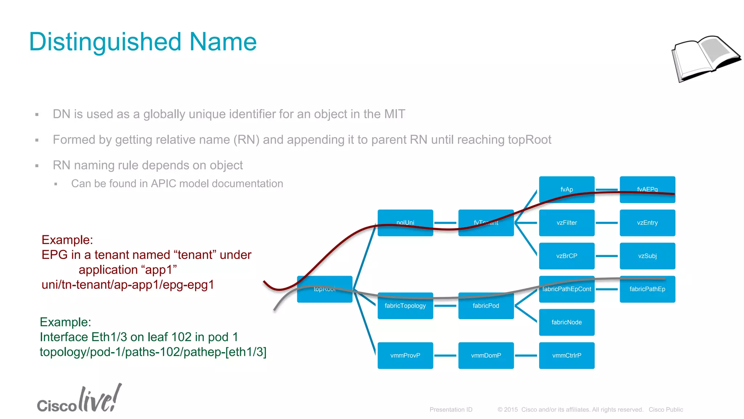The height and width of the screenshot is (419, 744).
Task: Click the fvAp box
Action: [x=566, y=189]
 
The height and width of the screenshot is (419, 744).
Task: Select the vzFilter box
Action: [x=566, y=223]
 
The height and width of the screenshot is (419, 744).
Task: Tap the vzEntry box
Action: [x=647, y=223]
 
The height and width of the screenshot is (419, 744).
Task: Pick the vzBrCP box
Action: [x=566, y=256]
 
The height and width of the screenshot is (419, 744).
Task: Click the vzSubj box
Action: [x=647, y=256]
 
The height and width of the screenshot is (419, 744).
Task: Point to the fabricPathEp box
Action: [x=647, y=289]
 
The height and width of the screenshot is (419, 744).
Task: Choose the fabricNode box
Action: [x=566, y=322]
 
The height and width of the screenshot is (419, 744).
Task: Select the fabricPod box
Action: [x=486, y=306]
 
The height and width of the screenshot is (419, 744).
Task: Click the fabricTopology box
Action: [x=405, y=306]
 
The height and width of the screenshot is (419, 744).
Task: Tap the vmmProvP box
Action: [x=405, y=355]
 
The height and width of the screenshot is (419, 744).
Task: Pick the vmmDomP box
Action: [x=486, y=355]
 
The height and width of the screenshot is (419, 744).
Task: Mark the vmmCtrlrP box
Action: [x=566, y=355]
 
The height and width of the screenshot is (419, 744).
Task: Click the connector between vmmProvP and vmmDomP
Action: [x=445, y=355]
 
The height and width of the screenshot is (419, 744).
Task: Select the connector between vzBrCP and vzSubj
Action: [x=607, y=256]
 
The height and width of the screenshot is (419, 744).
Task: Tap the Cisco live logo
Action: [x=79, y=399]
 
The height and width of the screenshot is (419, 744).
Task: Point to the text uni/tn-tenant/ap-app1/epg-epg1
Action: [x=128, y=284]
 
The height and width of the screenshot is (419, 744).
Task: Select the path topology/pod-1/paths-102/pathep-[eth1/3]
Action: [x=153, y=352]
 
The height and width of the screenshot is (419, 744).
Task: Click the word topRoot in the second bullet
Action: [x=529, y=140]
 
